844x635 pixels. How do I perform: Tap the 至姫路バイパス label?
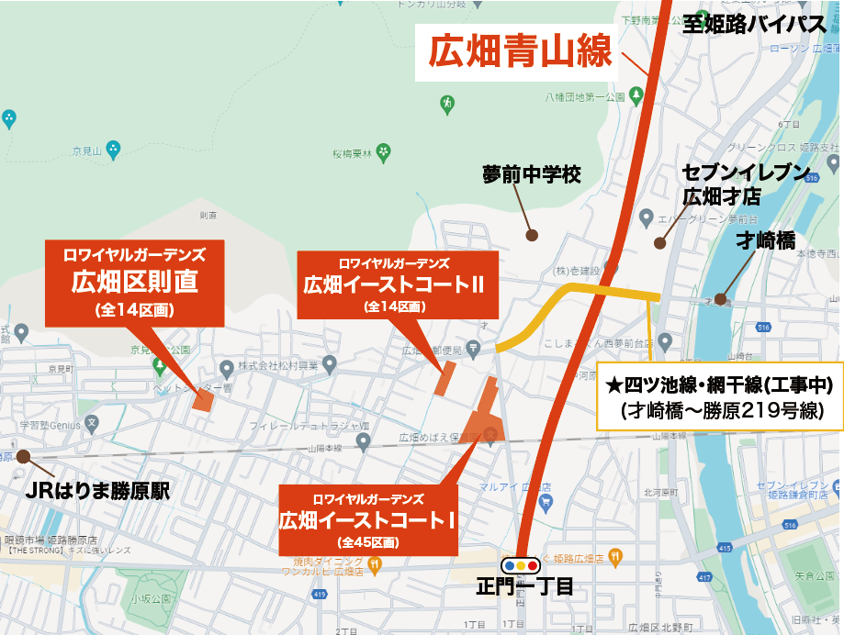tap(755, 24)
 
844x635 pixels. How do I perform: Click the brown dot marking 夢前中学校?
tap(532, 235)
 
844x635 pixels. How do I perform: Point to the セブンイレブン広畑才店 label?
tap(746, 184)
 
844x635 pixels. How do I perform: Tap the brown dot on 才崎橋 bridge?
tap(721, 297)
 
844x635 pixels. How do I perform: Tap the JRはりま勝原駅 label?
tap(98, 491)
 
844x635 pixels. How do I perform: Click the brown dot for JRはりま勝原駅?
tap(23, 456)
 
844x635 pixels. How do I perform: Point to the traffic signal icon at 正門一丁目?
tap(521, 565)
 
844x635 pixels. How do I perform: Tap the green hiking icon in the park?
tap(447, 103)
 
